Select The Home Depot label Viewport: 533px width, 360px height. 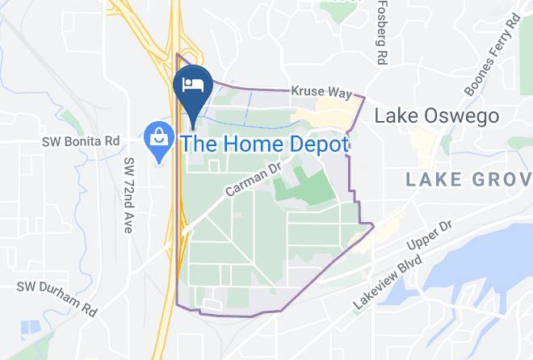coord(265,145)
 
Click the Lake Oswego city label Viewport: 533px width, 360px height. coord(436,116)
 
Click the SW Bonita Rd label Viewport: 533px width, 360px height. coord(81,141)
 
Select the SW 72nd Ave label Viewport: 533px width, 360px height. coord(129,195)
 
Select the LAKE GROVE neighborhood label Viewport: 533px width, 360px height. coord(468,178)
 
